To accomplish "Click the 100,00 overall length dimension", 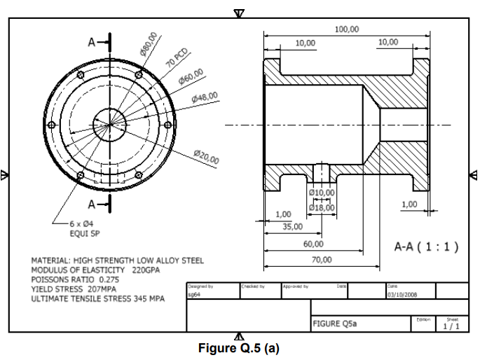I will (x=346, y=29).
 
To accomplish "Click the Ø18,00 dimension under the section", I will (x=322, y=207).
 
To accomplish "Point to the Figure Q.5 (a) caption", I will (x=239, y=348).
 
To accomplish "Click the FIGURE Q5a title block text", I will (x=331, y=324).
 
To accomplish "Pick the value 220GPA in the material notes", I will (x=146, y=270).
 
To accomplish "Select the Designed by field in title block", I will (x=201, y=286).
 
